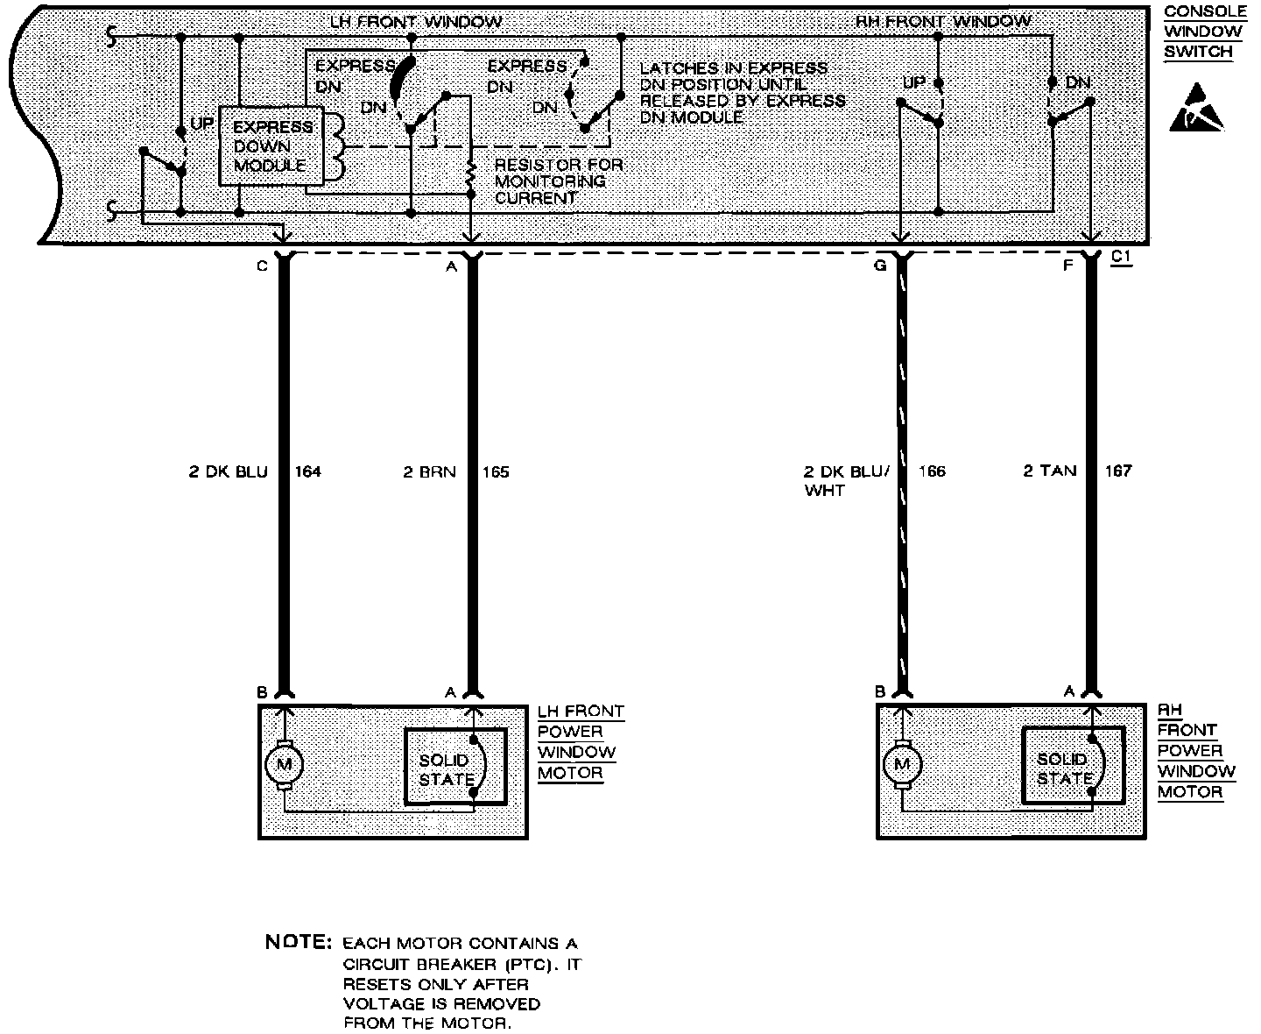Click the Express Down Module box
[271, 146]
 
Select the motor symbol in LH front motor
[283, 765]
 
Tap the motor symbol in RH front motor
[902, 764]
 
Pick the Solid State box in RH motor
[1073, 765]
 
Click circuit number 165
[496, 472]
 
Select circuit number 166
[932, 471]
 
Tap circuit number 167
[1118, 471]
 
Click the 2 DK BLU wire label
[229, 472]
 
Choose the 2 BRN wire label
[429, 472]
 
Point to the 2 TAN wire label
[1050, 471]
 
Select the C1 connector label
[1121, 258]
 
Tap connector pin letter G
[880, 265]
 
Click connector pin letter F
[1067, 265]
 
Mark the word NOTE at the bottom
[298, 944]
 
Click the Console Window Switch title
[1204, 32]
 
